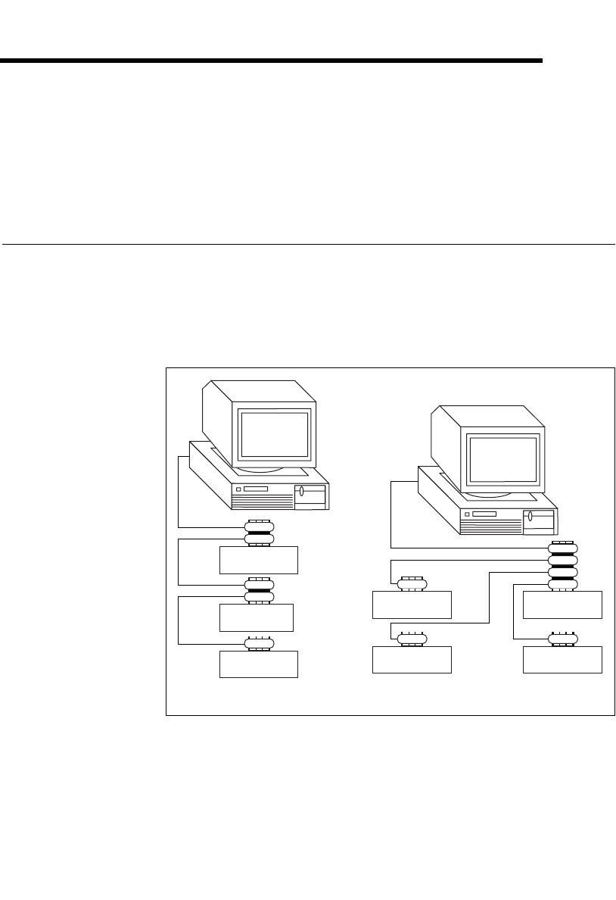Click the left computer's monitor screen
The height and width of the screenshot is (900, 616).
click(273, 435)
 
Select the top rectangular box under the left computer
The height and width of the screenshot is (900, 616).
click(259, 560)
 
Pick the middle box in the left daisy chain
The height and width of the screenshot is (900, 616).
click(256, 617)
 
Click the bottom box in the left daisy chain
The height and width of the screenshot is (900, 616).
click(259, 664)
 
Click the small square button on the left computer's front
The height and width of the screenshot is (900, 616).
click(238, 490)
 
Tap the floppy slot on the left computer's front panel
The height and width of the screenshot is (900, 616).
click(256, 490)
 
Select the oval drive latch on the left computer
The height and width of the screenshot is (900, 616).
click(301, 492)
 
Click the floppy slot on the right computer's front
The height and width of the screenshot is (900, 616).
click(484, 514)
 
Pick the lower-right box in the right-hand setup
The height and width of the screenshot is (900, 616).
click(562, 659)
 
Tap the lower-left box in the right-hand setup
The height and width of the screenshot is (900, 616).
click(412, 659)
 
